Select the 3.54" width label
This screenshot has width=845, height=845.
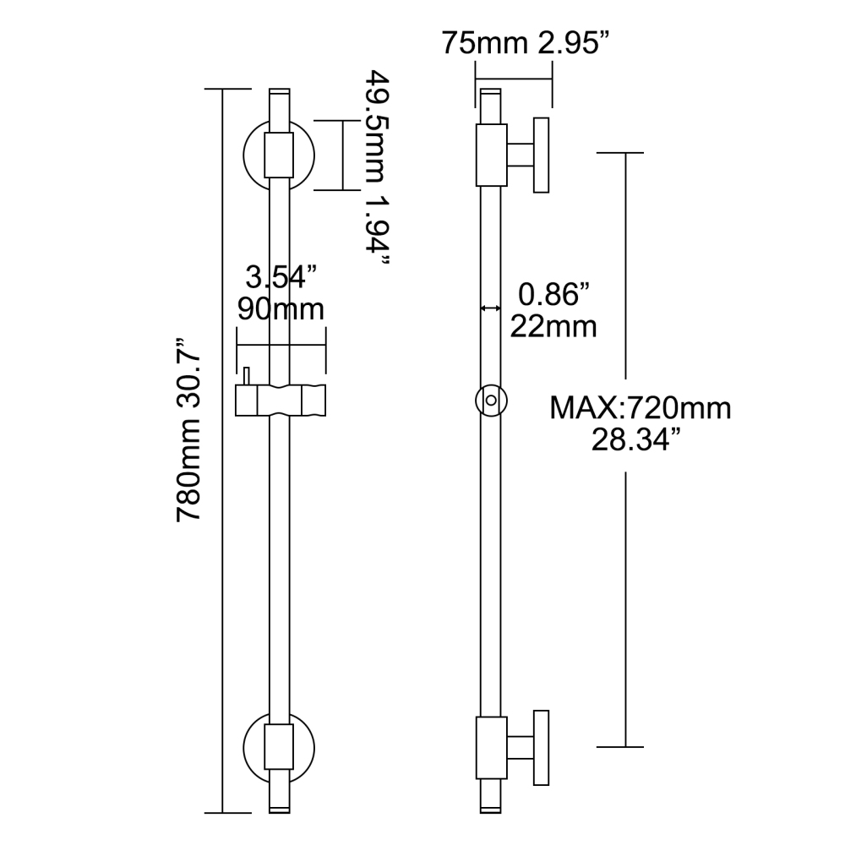(x=281, y=276)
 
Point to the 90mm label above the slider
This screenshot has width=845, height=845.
(x=281, y=309)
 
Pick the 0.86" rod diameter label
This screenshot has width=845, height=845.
(x=553, y=295)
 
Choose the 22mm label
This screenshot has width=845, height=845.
(x=553, y=326)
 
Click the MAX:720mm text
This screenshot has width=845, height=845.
(x=640, y=409)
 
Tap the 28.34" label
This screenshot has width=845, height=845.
(x=640, y=440)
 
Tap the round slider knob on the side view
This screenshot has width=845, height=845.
(x=491, y=400)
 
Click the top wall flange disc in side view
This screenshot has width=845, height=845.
(x=542, y=155)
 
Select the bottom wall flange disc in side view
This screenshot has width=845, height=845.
(x=542, y=747)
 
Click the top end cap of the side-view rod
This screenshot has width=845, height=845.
(x=492, y=90)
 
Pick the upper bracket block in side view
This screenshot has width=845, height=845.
(x=491, y=155)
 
